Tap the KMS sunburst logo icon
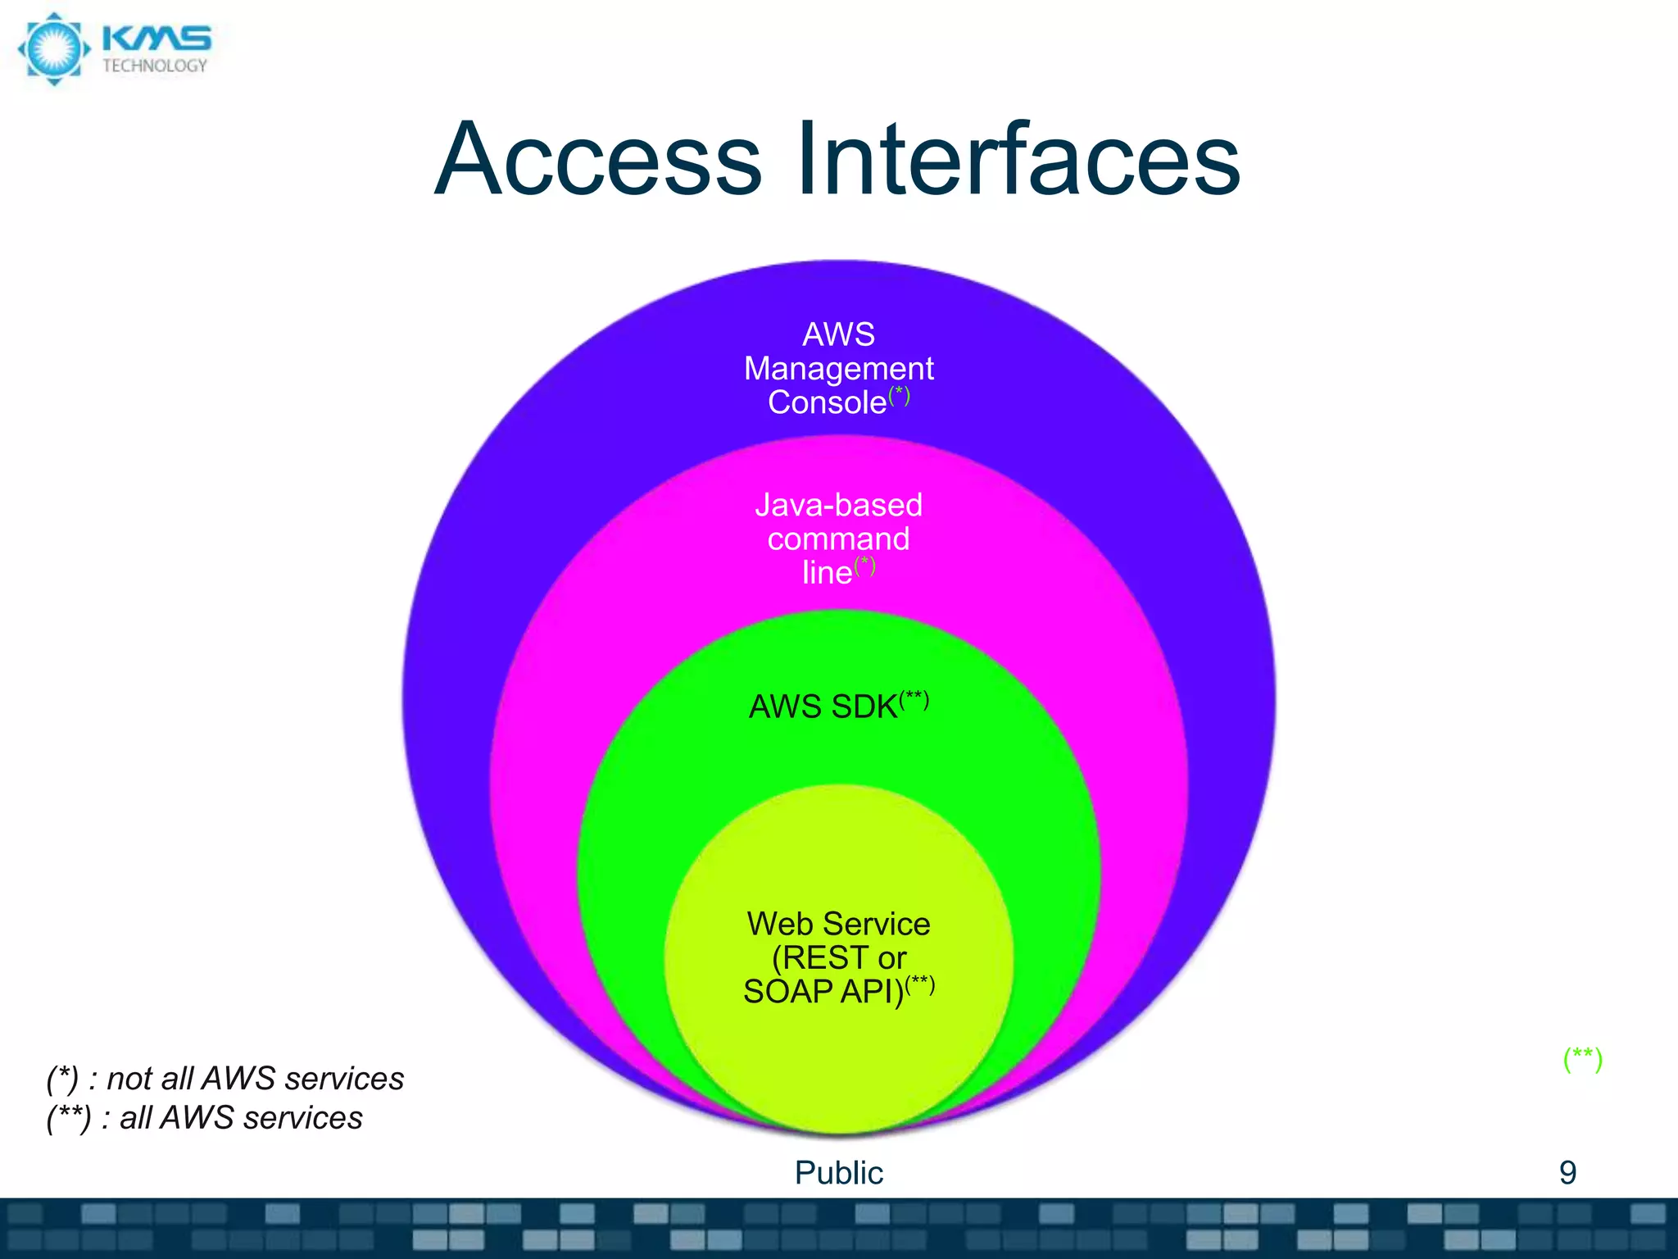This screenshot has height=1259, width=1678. tap(53, 48)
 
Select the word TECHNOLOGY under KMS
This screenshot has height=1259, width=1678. tap(155, 66)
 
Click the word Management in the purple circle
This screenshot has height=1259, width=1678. tap(838, 369)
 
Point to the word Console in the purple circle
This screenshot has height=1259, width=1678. tap(827, 402)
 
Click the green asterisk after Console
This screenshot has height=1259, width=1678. tap(899, 395)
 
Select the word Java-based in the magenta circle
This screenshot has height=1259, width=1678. tap(838, 505)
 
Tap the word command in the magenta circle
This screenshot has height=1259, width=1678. tap(838, 539)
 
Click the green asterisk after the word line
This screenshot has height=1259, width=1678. tap(864, 566)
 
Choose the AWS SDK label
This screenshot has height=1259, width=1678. tap(823, 707)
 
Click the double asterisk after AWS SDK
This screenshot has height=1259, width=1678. tap(914, 699)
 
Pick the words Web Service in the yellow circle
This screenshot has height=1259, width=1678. tap(838, 924)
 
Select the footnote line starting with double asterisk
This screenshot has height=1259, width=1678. tap(205, 1118)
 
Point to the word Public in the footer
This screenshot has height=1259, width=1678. tap(838, 1173)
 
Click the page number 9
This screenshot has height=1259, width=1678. tap(1567, 1173)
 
